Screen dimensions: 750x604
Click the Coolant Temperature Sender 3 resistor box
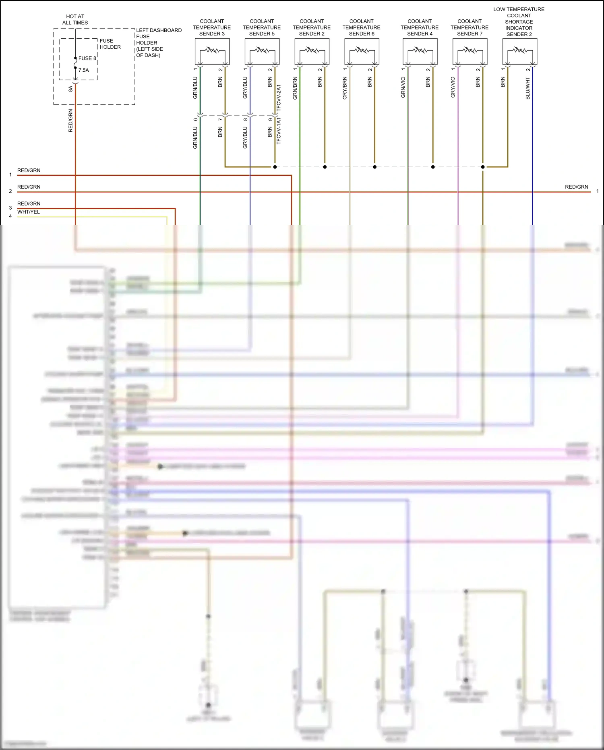[212, 51]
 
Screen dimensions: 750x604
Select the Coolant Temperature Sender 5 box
[262, 51]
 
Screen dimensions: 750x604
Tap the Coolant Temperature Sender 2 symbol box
[312, 51]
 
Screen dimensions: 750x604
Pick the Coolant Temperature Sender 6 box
[362, 51]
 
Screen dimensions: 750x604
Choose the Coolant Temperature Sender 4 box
[420, 51]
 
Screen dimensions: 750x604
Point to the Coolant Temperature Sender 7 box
[470, 51]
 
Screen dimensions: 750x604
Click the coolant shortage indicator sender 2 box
[520, 51]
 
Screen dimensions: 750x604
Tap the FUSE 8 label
[87, 58]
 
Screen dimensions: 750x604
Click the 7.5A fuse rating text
[84, 70]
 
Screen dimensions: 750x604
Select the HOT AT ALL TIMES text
[75, 20]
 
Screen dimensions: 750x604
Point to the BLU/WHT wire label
[528, 88]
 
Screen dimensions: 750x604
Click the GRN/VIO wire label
[403, 87]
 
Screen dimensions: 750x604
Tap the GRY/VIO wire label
[453, 87]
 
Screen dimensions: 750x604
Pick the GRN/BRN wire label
[295, 88]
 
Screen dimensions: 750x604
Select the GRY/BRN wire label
[345, 88]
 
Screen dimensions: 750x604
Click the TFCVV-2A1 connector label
[279, 98]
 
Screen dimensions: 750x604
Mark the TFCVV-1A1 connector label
[279, 131]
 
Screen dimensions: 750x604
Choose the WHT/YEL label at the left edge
[29, 212]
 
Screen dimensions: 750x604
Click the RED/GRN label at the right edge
[576, 187]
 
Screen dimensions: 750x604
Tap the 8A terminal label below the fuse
[70, 89]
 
